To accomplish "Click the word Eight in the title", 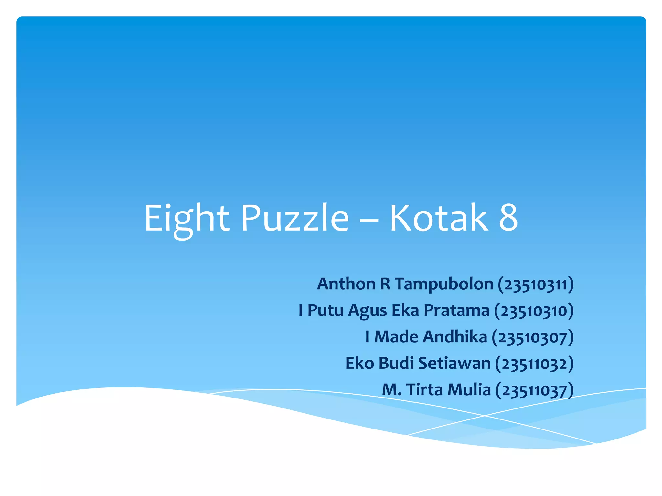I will coord(187,219).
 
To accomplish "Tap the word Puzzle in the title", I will coord(295,219).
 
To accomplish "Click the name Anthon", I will coord(346,284).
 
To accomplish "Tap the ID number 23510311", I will coord(536,285).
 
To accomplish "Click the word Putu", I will coord(325,311).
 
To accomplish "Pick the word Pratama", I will coord(456,311).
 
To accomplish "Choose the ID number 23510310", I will coord(534,311).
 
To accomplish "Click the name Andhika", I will coord(455,337).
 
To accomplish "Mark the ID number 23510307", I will coord(533,338).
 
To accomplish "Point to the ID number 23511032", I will coord(534,364).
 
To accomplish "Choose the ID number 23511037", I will coord(534,390).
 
